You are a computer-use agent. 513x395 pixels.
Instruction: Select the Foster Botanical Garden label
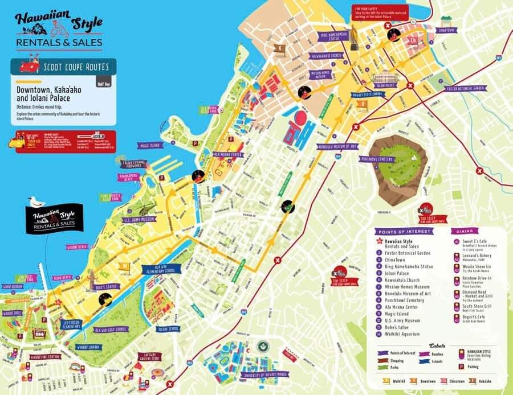click(466, 89)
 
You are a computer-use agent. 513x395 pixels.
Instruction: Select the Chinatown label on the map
click(450, 29)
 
